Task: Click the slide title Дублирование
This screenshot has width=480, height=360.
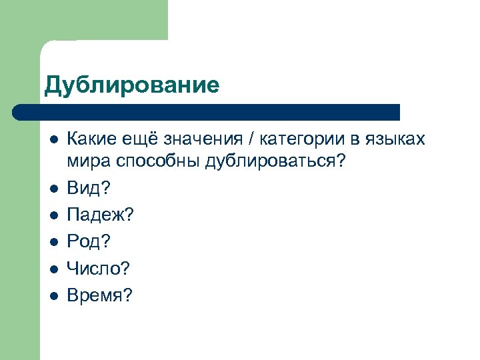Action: (x=131, y=85)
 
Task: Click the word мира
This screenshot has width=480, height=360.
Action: (x=85, y=163)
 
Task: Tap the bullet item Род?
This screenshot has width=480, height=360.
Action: (x=87, y=240)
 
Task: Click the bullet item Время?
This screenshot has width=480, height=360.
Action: (x=100, y=295)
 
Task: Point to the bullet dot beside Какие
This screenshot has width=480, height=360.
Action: (x=53, y=140)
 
